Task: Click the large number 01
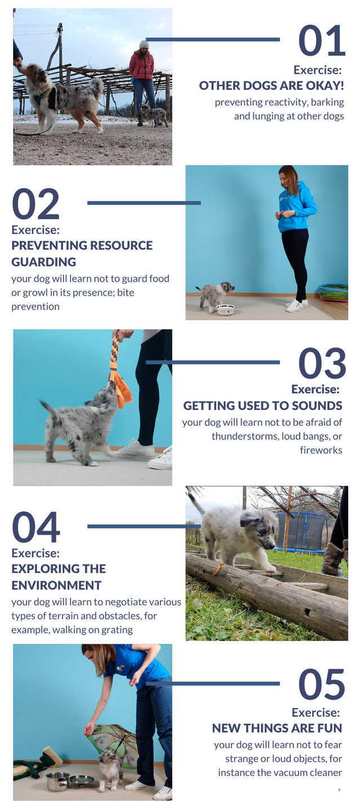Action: pyautogui.click(x=322, y=40)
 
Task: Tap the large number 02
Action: pyautogui.click(x=36, y=203)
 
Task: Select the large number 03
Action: pyautogui.click(x=322, y=363)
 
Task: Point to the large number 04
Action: pyautogui.click(x=36, y=527)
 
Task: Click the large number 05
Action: pyautogui.click(x=322, y=684)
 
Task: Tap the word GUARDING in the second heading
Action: pyautogui.click(x=44, y=262)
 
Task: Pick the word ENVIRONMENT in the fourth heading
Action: pyautogui.click(x=56, y=585)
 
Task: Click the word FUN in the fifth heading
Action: pyautogui.click(x=329, y=728)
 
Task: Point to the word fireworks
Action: pyautogui.click(x=321, y=450)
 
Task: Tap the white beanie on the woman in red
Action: pyautogui.click(x=144, y=44)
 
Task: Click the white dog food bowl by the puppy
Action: pyautogui.click(x=225, y=310)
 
